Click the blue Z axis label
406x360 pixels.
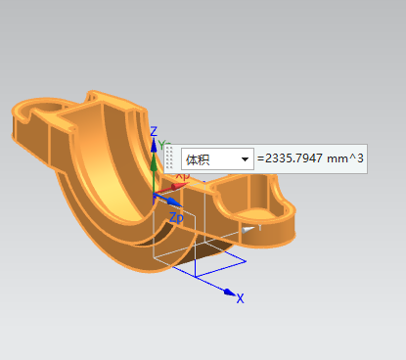154,131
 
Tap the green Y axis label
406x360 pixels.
161,145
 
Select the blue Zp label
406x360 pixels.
176,217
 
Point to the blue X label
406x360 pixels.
241,298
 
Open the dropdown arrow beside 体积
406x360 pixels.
245,159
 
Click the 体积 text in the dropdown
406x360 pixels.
198,159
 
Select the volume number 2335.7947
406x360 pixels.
293,158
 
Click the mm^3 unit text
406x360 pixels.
345,158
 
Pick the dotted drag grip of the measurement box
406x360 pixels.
169,158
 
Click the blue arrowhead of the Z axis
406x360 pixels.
154,145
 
